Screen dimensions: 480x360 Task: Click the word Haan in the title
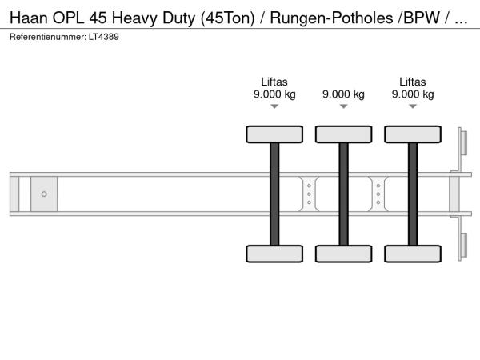tap(29, 18)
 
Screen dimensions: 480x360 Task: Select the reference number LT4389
tap(104, 37)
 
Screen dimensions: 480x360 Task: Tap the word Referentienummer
tap(47, 37)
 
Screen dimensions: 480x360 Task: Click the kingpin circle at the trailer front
tap(44, 194)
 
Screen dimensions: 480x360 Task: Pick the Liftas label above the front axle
tap(274, 82)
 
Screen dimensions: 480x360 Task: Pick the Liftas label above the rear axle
tap(413, 82)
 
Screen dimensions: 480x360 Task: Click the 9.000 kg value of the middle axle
tap(343, 94)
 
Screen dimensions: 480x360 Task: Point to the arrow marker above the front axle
tap(274, 106)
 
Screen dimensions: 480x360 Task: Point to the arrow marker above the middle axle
tap(344, 106)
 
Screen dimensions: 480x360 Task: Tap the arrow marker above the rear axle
tap(413, 106)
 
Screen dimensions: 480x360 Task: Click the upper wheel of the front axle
tap(274, 134)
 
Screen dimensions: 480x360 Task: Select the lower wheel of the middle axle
tap(344, 254)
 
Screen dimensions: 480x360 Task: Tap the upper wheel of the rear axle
tap(413, 134)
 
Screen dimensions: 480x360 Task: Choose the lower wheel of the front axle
tap(274, 254)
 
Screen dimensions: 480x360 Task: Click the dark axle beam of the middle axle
tap(344, 194)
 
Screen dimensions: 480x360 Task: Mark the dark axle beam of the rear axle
tap(413, 194)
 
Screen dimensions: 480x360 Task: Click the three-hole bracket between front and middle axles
tap(309, 194)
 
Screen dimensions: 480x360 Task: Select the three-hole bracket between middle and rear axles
tap(378, 194)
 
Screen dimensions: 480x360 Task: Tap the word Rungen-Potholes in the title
tap(331, 18)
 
